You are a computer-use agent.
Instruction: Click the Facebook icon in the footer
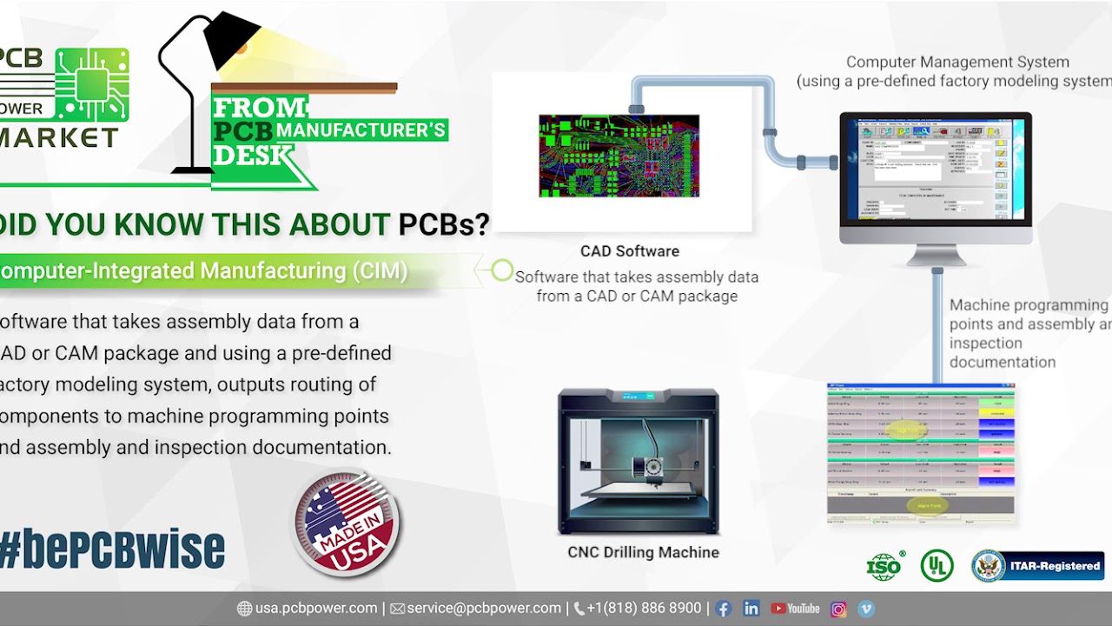coord(723,609)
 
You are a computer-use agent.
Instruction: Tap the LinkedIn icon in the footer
coord(751,609)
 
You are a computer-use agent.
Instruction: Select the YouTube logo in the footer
coord(795,609)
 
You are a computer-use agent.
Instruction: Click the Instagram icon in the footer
coord(838,609)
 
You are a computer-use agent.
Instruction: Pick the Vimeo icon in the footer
coord(866,609)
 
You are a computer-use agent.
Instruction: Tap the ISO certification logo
coord(884,567)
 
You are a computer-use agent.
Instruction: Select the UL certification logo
coord(937,566)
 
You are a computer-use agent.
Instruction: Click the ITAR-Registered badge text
coord(1055,566)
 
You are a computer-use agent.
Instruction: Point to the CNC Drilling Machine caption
coord(643,552)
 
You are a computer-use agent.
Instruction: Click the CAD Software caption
coord(630,251)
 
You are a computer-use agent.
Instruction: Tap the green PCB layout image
coord(619,156)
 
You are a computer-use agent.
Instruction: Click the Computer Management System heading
coord(956,63)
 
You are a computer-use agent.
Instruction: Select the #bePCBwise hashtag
coord(113,549)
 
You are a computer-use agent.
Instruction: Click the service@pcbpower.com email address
coord(484,609)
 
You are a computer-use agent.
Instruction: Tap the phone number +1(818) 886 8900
coord(643,609)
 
